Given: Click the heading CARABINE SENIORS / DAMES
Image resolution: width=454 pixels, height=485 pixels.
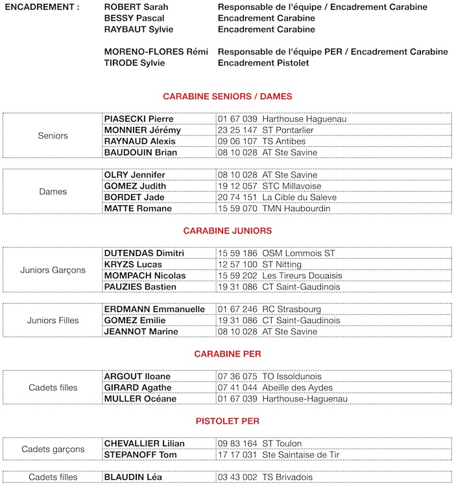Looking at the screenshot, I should click(227, 96).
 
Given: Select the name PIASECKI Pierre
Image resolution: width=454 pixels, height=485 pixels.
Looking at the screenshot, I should click(139, 119).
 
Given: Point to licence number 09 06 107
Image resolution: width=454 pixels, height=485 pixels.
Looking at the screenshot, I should click(237, 141).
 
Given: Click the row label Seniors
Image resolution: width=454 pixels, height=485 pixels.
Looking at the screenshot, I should click(53, 136).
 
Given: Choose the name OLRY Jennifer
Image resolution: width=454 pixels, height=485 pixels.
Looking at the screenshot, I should click(135, 175).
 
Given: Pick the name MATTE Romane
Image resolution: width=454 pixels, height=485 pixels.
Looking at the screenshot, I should click(138, 209).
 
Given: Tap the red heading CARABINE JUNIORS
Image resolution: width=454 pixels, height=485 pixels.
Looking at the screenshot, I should click(227, 231).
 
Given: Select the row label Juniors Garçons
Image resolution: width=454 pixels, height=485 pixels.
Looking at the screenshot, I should click(53, 270).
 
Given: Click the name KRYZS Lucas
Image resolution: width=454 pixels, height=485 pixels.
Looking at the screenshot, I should click(133, 265).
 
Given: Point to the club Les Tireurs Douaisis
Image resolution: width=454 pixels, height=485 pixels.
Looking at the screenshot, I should click(302, 276).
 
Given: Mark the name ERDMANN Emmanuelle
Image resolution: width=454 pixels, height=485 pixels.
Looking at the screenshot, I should click(154, 310).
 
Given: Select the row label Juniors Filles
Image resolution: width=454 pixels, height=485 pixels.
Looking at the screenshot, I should click(53, 321).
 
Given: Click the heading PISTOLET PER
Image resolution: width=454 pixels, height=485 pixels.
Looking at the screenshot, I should click(227, 421).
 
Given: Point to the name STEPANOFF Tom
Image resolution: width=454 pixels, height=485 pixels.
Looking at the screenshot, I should click(139, 455).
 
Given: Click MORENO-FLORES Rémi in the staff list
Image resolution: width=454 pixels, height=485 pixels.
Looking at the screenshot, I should click(156, 52).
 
